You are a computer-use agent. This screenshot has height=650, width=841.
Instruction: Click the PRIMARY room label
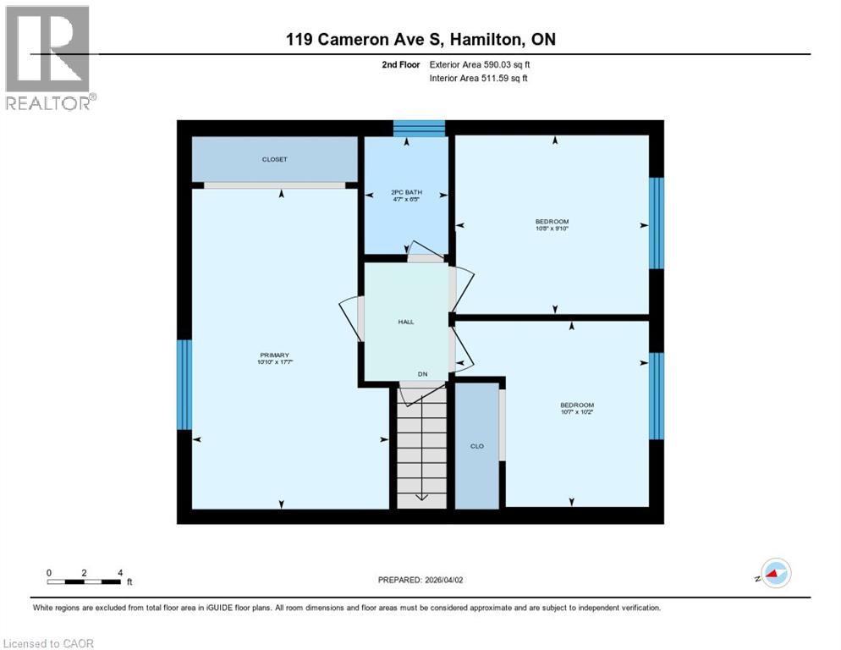(x=274, y=355)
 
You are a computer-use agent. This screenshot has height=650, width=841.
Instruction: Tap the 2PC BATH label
(x=406, y=192)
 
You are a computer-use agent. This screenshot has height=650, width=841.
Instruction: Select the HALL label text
(x=406, y=322)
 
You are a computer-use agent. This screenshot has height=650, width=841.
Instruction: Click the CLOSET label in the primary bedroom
(x=274, y=159)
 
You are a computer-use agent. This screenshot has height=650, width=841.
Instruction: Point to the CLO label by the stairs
(x=477, y=446)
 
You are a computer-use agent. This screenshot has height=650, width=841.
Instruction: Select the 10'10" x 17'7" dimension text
(x=274, y=362)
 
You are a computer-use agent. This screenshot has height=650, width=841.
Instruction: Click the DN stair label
(x=422, y=373)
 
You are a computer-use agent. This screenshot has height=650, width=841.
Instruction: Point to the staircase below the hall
(x=421, y=449)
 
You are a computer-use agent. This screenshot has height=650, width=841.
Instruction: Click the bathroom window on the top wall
(x=420, y=128)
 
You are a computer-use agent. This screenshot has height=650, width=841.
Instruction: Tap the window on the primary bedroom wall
(x=184, y=384)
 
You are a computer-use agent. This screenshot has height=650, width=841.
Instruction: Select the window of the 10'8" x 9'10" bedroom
(x=656, y=223)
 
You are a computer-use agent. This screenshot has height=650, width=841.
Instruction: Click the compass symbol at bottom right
(x=775, y=573)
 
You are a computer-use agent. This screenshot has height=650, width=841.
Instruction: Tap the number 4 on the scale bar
(x=120, y=572)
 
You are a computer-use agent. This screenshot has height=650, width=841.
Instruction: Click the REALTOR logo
(x=49, y=58)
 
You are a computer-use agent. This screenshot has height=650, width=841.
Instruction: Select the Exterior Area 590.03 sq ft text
(x=480, y=64)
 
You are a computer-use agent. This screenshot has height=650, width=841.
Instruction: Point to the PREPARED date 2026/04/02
(x=420, y=580)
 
